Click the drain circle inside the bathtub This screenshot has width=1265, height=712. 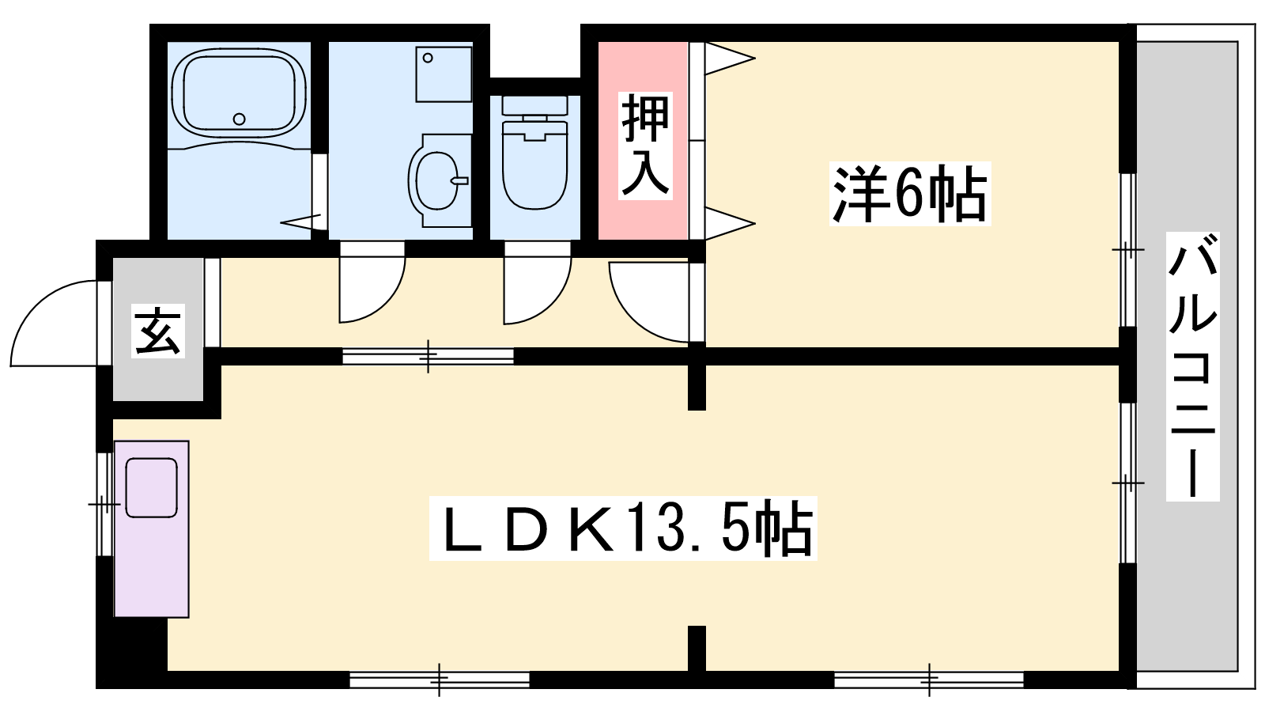tap(240, 119)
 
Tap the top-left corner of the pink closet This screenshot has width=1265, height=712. tap(599, 42)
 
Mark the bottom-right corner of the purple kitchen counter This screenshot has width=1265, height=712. tap(189, 617)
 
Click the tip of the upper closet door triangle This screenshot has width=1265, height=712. tap(756, 58)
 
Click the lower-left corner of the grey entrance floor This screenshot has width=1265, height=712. tap(114, 400)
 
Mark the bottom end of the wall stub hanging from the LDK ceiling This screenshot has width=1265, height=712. tap(697, 410)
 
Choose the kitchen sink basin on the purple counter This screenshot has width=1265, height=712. tap(151, 487)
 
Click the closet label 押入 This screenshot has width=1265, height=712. tap(645, 146)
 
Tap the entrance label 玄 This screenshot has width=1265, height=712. tap(158, 331)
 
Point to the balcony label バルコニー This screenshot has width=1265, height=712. tap(1193, 366)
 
